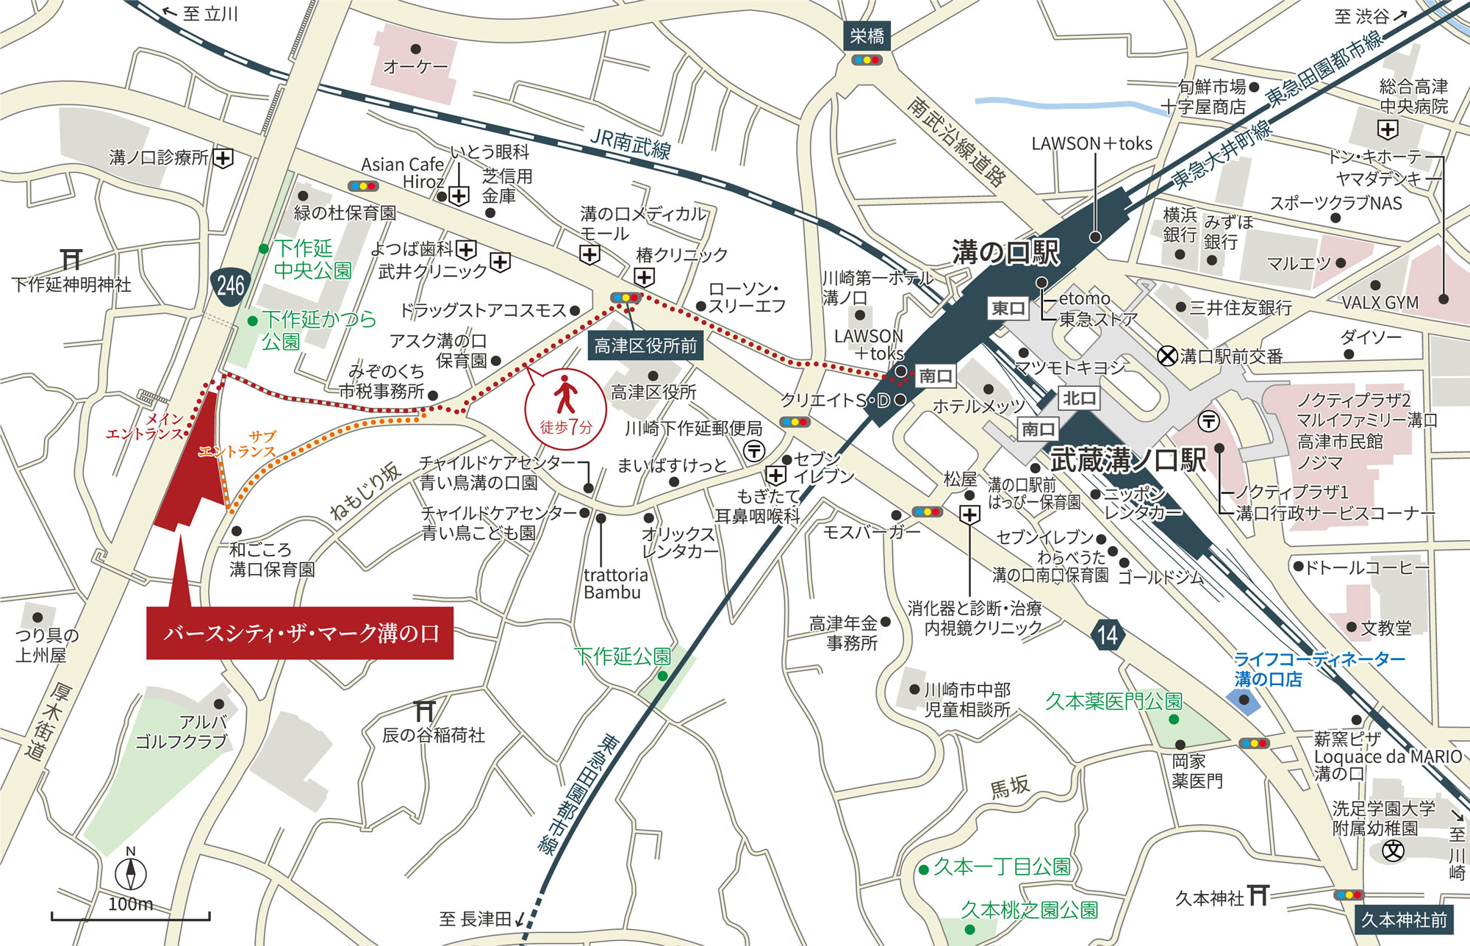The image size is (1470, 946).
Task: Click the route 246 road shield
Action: pos(230,284)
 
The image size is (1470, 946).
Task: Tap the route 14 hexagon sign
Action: pos(1107,634)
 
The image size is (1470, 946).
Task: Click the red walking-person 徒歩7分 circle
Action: pos(565,409)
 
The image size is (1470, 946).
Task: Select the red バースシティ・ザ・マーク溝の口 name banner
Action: pos(300,633)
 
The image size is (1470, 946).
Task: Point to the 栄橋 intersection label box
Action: pos(867,36)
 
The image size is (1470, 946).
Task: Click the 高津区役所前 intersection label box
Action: pos(645,345)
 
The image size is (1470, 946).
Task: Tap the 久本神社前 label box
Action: pos(1404,920)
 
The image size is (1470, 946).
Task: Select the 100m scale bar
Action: pos(131,916)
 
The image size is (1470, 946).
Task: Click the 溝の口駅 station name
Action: pos(1005,252)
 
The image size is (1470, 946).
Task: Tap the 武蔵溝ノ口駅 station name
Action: pos(1127,460)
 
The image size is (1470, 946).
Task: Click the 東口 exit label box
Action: pos(1008,308)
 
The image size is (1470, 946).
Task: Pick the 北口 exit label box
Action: pos(1079,398)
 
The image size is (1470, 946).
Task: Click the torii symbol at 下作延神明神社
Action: pos(71,259)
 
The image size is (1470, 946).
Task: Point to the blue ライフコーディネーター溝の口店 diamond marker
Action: pos(1244,700)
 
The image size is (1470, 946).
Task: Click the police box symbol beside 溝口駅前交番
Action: pos(1167,356)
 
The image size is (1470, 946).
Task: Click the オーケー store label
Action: pos(415,66)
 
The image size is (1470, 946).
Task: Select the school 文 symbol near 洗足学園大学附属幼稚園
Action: pos(1393,851)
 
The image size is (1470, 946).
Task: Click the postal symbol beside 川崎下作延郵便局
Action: pos(754,450)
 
